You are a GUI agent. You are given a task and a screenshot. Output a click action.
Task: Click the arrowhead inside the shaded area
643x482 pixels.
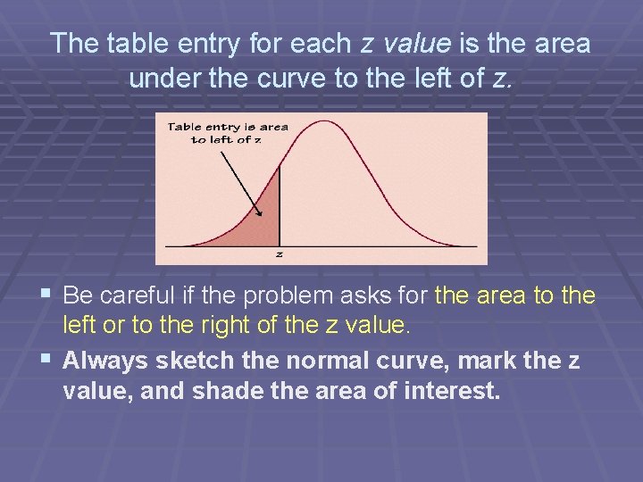pos(260,212)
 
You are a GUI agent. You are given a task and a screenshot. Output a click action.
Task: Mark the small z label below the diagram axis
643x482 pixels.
pos(280,253)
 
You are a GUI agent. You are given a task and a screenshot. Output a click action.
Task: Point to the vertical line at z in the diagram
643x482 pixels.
pos(280,205)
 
